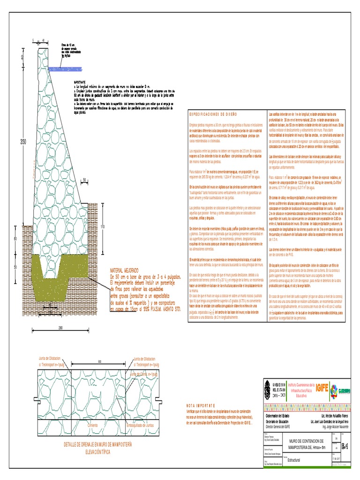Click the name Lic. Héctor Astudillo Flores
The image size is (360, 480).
tap(335, 416)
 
